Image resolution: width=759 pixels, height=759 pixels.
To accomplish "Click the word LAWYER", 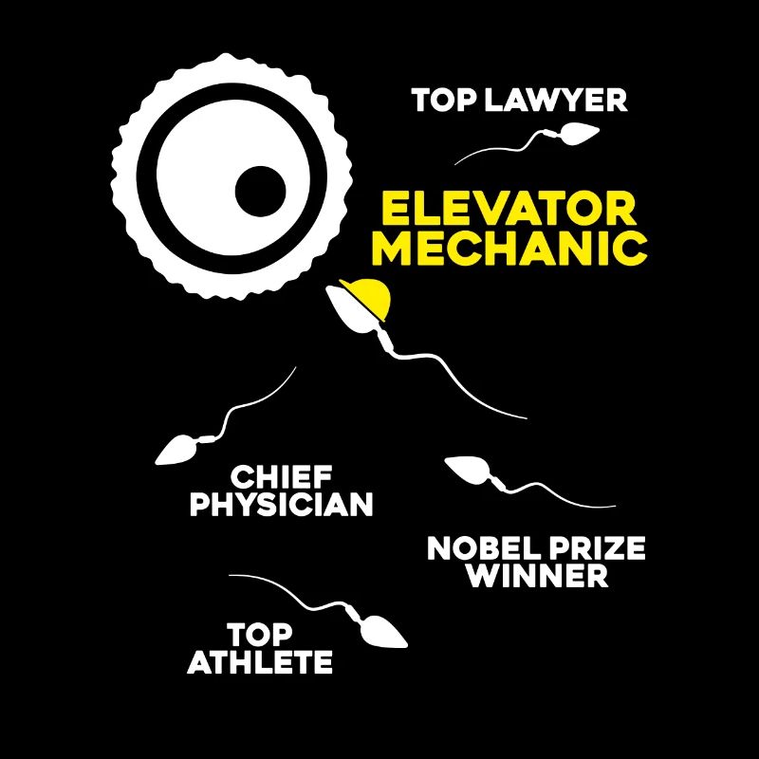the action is tap(555, 100).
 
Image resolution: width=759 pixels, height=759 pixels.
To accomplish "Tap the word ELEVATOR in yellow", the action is tap(509, 209).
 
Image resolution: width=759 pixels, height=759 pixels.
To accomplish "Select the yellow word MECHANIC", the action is tap(509, 248).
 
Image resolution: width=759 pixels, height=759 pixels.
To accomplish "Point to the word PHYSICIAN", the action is tap(281, 504).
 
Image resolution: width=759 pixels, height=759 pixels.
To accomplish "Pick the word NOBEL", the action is tap(482, 548).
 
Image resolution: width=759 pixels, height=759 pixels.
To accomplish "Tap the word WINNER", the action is tap(537, 576).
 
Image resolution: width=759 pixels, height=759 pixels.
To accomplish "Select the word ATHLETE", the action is tap(260, 661).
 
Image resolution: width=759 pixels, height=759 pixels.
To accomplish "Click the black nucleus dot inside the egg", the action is tap(260, 192).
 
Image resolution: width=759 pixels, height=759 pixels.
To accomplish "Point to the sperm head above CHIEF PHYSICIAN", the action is tap(176, 451).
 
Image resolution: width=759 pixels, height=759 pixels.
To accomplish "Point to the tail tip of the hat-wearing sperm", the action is tap(527, 418).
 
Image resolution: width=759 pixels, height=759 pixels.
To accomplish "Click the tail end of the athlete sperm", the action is tap(230, 576).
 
